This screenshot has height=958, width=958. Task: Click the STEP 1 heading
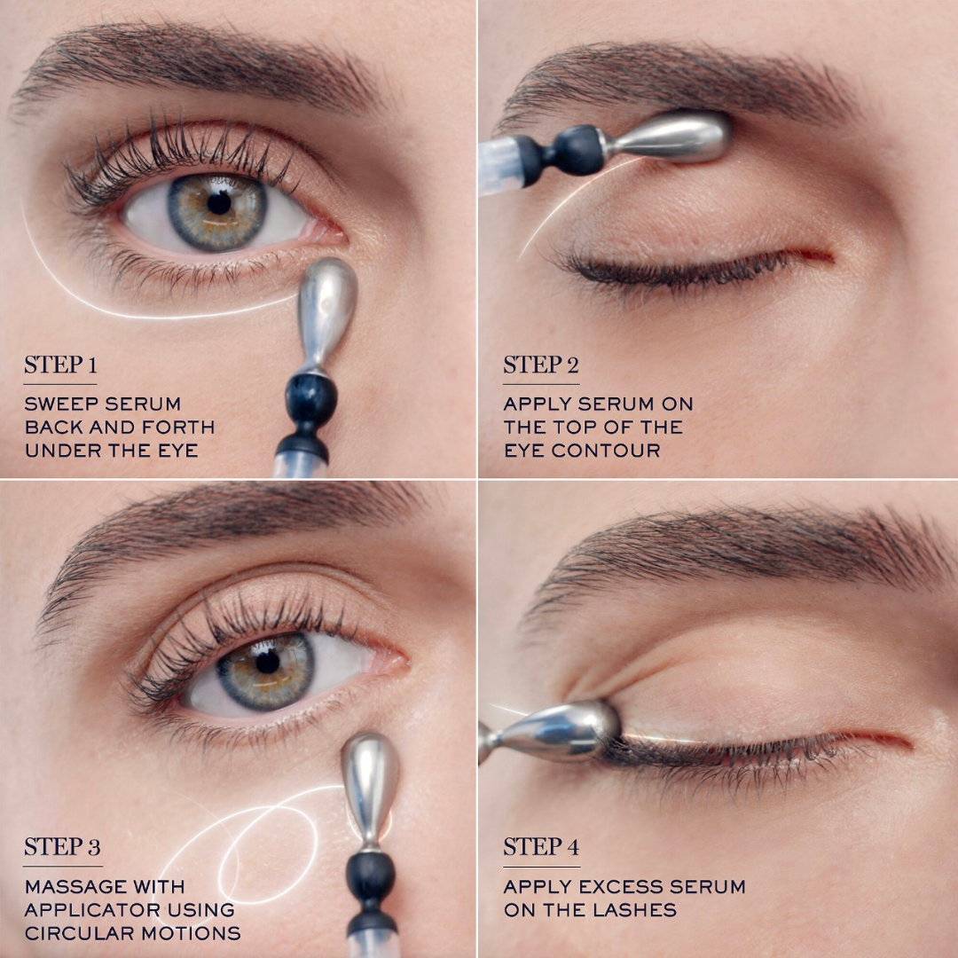tap(60, 365)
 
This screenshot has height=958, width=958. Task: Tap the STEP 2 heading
tap(540, 365)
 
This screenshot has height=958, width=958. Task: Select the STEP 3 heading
tap(62, 848)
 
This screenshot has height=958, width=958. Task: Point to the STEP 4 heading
tap(541, 848)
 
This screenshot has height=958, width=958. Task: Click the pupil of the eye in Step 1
tap(219, 202)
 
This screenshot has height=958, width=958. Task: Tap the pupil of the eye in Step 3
tap(267, 661)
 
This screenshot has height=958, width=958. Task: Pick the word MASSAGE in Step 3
tap(75, 886)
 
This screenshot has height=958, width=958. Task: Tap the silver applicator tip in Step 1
tap(326, 306)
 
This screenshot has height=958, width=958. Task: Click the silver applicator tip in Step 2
tap(681, 137)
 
